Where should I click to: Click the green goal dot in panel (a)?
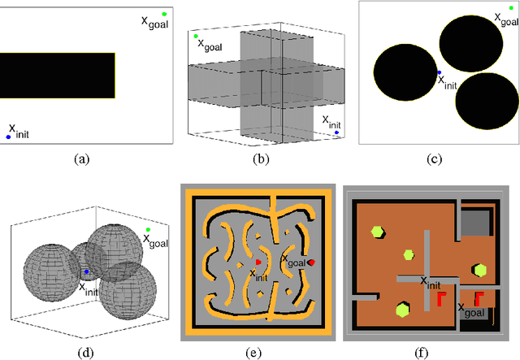[165, 14]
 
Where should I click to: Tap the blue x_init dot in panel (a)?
[8, 137]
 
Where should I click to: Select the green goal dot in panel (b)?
[196, 37]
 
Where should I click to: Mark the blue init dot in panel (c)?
[439, 72]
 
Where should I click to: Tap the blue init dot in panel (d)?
[86, 272]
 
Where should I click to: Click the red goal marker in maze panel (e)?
[311, 262]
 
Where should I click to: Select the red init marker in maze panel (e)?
[258, 262]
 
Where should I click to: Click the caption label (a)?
[81, 159]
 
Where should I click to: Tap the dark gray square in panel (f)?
[475, 221]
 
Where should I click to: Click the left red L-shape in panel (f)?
[443, 298]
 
